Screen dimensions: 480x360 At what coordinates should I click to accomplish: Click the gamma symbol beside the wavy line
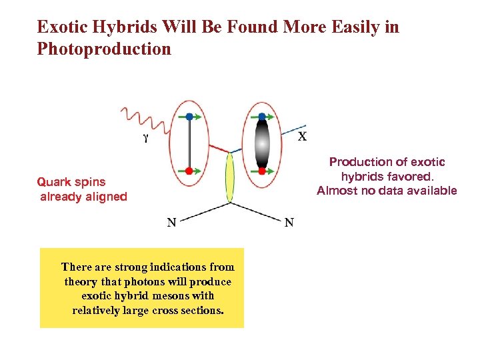click(x=146, y=139)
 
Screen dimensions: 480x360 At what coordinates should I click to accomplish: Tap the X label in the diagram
click(x=302, y=137)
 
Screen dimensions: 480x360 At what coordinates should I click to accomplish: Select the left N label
click(x=171, y=223)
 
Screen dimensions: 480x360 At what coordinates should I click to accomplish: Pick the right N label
click(x=289, y=223)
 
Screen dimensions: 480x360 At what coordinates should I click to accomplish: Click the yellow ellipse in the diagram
click(x=231, y=177)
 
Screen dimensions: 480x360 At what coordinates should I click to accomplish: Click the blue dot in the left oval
click(x=190, y=117)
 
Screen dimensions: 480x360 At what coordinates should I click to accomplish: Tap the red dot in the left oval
click(x=189, y=171)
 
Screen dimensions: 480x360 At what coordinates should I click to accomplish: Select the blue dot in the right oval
click(x=262, y=117)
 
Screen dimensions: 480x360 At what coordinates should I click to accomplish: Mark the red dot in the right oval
click(x=262, y=171)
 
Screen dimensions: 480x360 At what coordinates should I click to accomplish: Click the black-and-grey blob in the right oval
click(x=262, y=144)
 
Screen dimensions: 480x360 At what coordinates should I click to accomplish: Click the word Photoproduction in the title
click(x=104, y=49)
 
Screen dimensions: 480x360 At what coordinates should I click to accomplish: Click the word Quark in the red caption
click(x=52, y=181)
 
